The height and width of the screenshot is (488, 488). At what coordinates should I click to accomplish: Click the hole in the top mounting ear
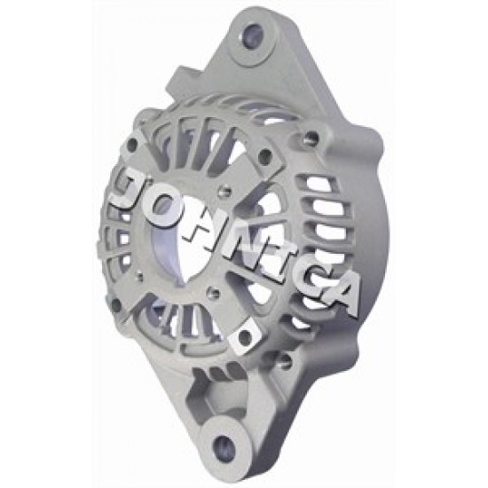(253, 35)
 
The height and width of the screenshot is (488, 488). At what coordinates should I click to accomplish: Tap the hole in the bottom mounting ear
(223, 445)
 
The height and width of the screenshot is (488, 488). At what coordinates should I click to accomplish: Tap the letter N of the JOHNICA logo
(249, 252)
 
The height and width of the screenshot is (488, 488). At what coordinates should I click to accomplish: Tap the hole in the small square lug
(245, 335)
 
